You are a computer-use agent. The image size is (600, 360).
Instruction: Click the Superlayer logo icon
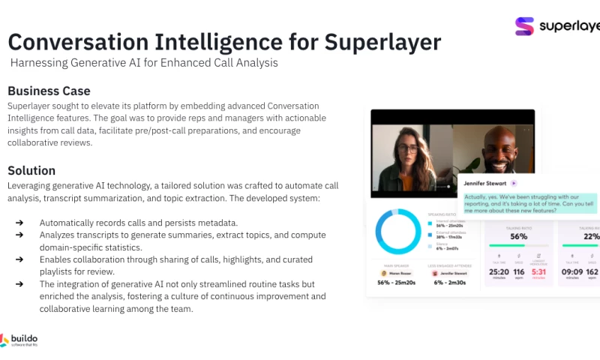pyautogui.click(x=525, y=26)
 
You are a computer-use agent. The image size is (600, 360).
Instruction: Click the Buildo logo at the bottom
pyautogui.click(x=19, y=340)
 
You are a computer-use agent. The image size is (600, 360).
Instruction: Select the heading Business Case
pyautogui.click(x=49, y=91)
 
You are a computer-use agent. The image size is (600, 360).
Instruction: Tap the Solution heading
pyautogui.click(x=31, y=170)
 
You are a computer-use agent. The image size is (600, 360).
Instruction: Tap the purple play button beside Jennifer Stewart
pyautogui.click(x=514, y=182)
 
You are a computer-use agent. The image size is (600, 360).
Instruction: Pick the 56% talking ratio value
pyautogui.click(x=519, y=235)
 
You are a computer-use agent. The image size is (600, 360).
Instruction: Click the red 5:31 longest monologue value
pyautogui.click(x=538, y=272)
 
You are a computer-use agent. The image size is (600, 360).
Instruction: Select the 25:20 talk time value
pyautogui.click(x=499, y=272)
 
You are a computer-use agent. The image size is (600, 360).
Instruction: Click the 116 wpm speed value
pyautogui.click(x=519, y=272)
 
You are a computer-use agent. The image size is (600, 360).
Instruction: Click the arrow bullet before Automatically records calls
pyautogui.click(x=19, y=223)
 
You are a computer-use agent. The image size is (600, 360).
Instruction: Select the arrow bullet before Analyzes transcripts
pyautogui.click(x=19, y=235)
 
